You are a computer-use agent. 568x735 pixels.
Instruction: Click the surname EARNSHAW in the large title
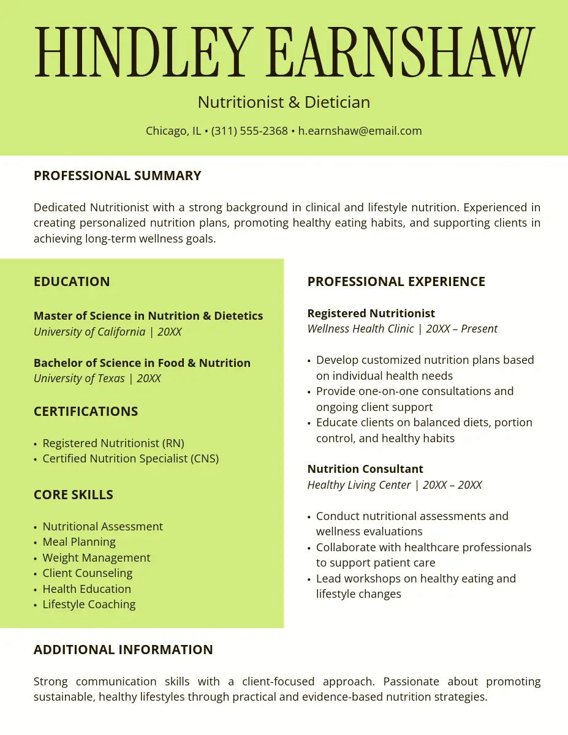[x=401, y=52]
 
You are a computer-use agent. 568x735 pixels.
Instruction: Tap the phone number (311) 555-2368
[x=249, y=130]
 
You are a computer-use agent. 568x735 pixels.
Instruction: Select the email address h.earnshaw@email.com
[x=360, y=130]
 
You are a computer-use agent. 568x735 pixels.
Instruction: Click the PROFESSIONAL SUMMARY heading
[x=117, y=176]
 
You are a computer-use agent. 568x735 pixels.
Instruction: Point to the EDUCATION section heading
[x=72, y=282]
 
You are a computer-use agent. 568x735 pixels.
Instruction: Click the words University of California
[x=89, y=332]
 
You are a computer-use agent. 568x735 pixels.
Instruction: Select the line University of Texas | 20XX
[x=97, y=379]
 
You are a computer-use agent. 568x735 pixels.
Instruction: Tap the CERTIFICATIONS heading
[x=86, y=412]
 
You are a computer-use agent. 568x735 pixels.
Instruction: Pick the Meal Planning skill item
[x=79, y=542]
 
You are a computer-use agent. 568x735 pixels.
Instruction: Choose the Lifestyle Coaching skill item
[x=89, y=605]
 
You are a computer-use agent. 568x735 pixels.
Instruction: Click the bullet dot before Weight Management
[x=36, y=559]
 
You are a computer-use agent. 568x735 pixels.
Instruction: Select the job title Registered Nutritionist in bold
[x=371, y=314]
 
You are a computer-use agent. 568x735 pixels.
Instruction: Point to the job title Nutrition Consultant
[x=365, y=469]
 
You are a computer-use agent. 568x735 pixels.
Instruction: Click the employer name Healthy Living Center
[x=359, y=485]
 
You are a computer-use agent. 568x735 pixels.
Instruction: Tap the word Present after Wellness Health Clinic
[x=479, y=329]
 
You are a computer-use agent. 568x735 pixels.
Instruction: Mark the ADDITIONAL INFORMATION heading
[x=123, y=650]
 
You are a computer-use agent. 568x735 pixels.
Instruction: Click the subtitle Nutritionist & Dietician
[x=284, y=102]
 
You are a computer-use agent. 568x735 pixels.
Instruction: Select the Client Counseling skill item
[x=87, y=573]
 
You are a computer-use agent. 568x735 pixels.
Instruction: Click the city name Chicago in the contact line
[x=165, y=130]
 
